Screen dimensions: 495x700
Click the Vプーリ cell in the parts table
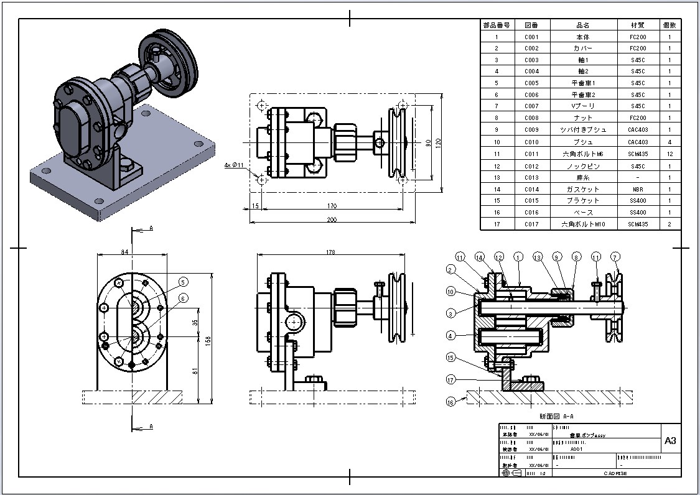point(582,106)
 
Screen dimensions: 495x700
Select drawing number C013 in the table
point(531,177)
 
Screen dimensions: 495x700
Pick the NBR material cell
point(638,189)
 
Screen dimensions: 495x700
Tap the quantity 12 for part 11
point(670,154)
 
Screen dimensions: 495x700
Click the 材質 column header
point(638,25)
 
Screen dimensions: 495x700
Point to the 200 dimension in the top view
point(333,220)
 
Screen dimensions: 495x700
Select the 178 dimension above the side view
point(330,252)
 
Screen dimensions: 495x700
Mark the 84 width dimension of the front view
point(124,252)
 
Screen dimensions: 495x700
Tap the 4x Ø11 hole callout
point(234,165)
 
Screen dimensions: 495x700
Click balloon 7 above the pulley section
point(615,256)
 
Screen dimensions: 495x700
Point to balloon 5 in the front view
point(183,282)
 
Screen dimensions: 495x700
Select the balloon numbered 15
point(451,357)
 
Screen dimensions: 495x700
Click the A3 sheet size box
point(670,441)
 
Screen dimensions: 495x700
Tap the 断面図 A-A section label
point(556,416)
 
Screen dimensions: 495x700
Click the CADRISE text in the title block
point(615,473)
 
